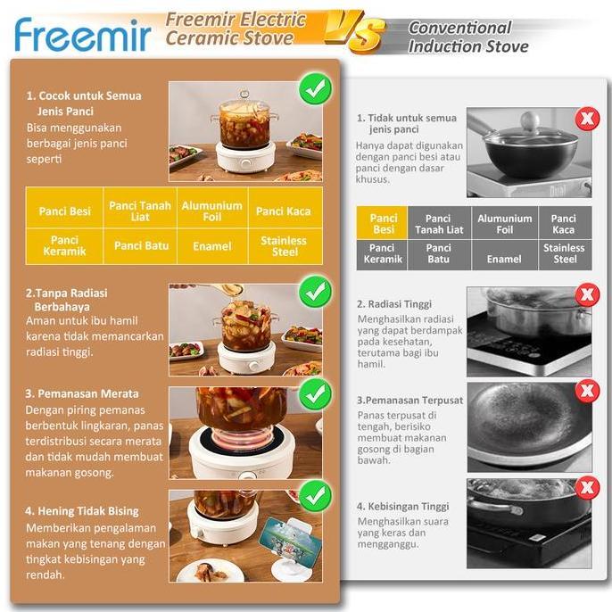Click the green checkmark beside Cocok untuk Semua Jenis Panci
coord(314,89)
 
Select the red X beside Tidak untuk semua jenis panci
coord(587,119)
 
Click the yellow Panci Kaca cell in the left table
coord(284,211)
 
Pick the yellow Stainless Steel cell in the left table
coord(284,246)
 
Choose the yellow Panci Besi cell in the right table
coord(383,223)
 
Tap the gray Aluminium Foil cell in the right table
coord(504,223)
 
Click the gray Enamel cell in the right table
coord(504,259)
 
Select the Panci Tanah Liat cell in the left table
coord(141,211)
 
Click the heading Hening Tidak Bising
coord(82,511)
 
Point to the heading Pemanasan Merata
coord(82,393)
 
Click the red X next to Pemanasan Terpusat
coord(587,391)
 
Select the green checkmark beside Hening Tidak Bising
coord(314,496)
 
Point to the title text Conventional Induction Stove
coord(467,37)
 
